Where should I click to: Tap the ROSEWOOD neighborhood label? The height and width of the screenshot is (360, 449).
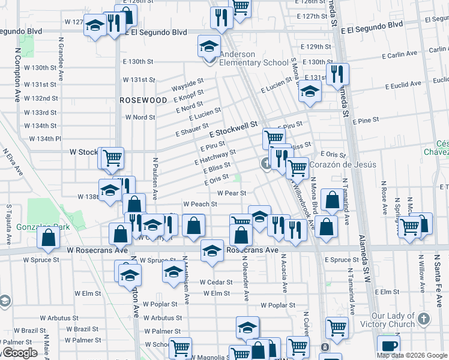143,100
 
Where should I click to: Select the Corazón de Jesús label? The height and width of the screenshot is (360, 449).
344,164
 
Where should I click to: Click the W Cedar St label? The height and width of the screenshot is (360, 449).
215,281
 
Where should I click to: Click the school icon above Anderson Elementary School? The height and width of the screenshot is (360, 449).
209,46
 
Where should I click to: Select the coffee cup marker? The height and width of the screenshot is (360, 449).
388,345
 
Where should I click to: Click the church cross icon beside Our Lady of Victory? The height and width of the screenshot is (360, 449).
424,319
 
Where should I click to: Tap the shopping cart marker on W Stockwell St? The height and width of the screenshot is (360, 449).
112,158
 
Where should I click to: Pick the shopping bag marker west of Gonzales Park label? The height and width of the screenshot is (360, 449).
48,238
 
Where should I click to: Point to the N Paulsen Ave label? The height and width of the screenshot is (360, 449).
155,178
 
